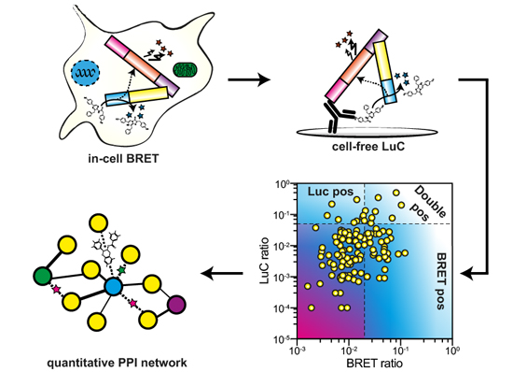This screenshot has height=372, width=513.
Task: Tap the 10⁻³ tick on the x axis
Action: click(x=298, y=349)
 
